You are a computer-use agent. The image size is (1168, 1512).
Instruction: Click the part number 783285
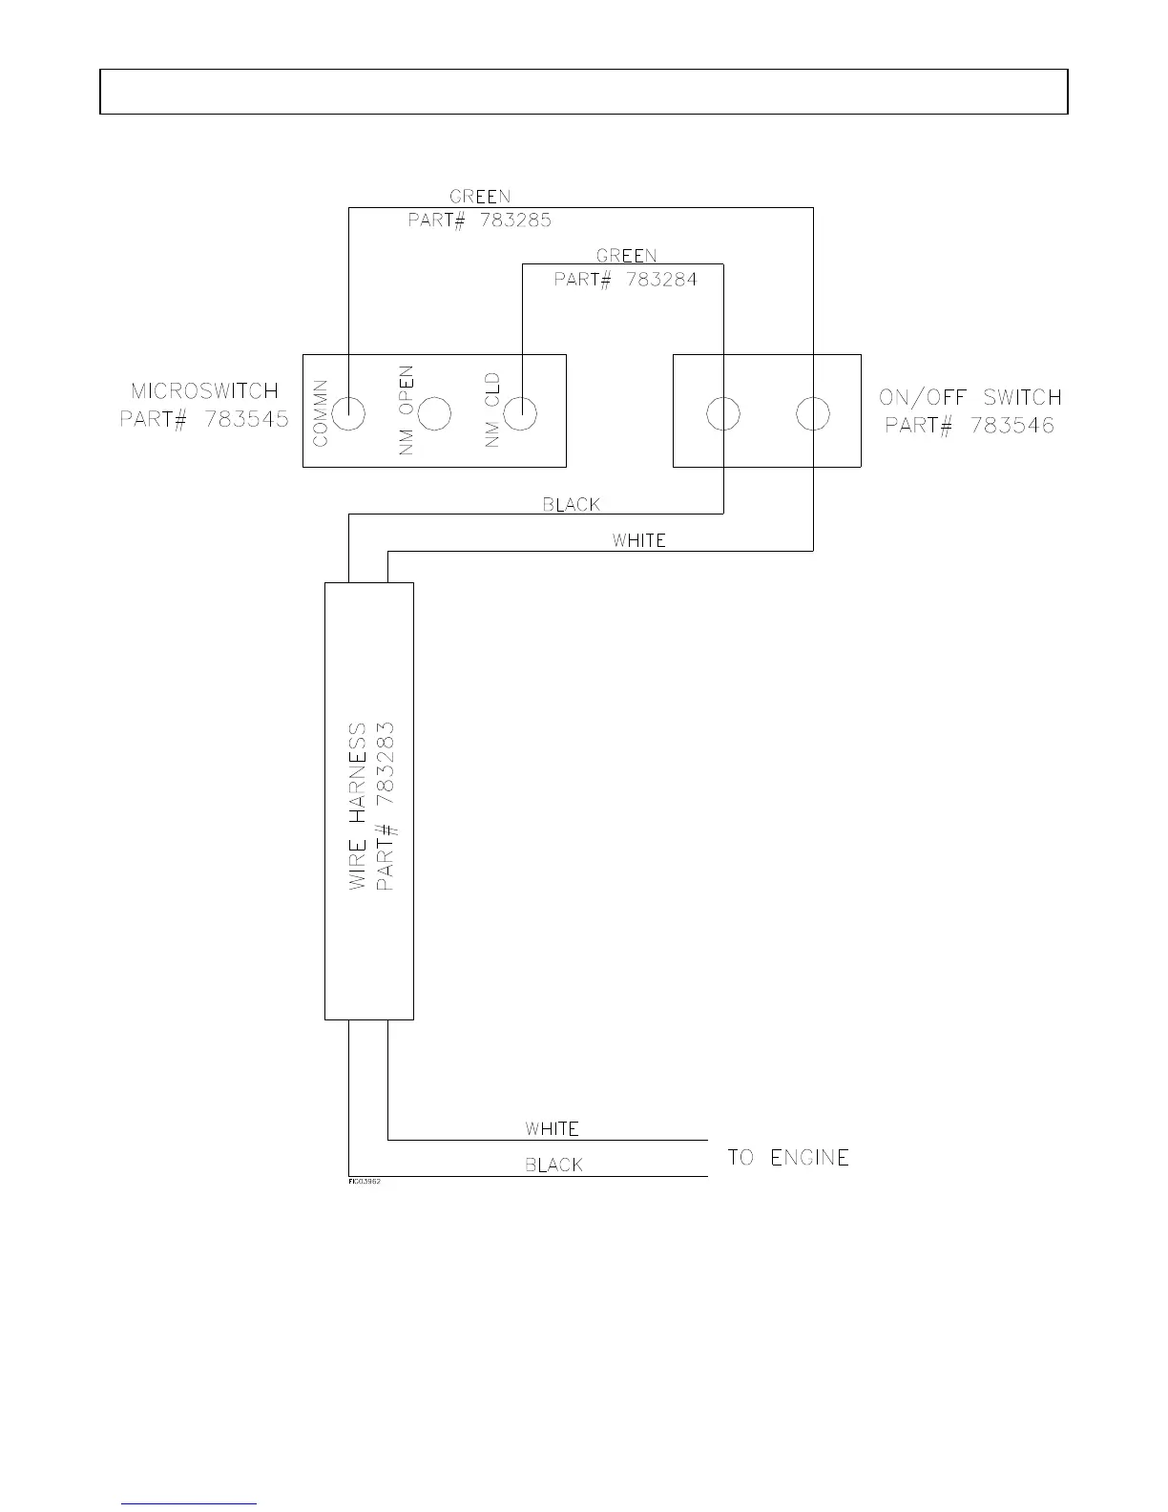click(x=515, y=220)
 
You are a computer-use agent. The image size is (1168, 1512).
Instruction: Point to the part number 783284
click(x=661, y=280)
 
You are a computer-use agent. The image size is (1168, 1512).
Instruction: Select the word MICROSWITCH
click(x=204, y=391)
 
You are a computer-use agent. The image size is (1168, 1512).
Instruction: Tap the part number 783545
click(x=246, y=419)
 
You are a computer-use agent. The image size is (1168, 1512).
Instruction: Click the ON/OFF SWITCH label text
click(x=970, y=397)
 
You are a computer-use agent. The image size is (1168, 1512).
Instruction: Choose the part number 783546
click(x=1012, y=425)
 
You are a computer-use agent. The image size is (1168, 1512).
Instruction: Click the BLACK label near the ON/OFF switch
click(x=572, y=504)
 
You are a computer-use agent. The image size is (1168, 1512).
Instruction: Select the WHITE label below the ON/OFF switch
click(x=638, y=540)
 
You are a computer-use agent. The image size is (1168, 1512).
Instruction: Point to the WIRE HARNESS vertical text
click(x=358, y=806)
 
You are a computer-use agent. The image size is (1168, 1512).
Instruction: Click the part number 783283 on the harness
click(x=386, y=764)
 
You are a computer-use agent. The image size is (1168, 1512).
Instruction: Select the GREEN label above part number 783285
click(x=480, y=197)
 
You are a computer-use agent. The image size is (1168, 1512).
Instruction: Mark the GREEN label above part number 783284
click(x=626, y=256)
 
